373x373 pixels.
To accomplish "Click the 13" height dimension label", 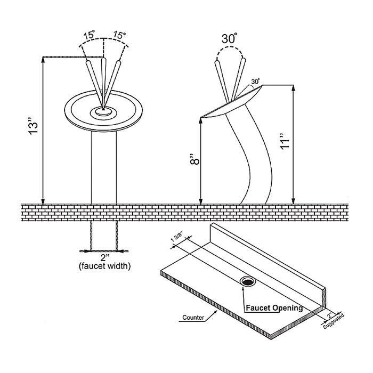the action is click(x=33, y=129).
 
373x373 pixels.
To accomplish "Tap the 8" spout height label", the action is click(x=196, y=159).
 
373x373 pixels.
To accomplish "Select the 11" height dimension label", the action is click(x=285, y=141).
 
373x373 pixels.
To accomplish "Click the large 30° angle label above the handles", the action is click(x=229, y=38).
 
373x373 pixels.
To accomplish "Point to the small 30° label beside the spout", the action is click(x=255, y=82).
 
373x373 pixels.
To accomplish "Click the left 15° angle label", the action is click(x=89, y=36).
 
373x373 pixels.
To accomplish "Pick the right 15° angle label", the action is click(x=119, y=35).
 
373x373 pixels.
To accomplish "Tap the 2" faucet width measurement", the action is click(x=104, y=257).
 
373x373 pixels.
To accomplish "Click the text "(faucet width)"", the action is click(x=104, y=266).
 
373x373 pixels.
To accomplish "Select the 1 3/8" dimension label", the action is click(x=176, y=241).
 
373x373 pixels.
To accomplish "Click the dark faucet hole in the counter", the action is click(x=248, y=282).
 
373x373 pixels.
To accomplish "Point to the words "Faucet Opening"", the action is click(x=274, y=307).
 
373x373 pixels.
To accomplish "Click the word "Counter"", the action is click(x=193, y=318).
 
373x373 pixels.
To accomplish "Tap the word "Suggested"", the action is click(x=334, y=321).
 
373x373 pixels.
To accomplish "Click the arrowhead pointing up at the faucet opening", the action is click(x=242, y=289).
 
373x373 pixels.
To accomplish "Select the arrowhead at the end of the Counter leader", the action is click(x=216, y=312).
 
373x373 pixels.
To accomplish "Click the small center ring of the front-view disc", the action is click(x=103, y=111).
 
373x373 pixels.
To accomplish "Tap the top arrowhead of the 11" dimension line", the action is click(x=294, y=88).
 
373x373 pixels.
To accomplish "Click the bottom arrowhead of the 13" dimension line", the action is click(x=43, y=201).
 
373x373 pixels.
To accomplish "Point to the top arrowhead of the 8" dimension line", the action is click(x=200, y=120).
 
